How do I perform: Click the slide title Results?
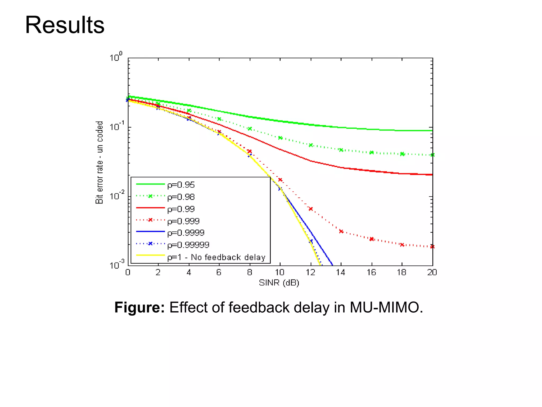point(65,25)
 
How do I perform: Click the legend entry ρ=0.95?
point(181,185)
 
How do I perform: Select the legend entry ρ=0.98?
point(181,197)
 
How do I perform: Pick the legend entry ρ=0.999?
point(183,221)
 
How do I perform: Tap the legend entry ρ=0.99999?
point(188,245)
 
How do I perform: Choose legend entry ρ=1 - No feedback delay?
point(216,257)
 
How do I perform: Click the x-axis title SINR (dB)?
point(279,283)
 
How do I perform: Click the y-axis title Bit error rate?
point(99,162)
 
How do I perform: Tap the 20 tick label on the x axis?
point(432,272)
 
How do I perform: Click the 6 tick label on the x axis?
point(219,272)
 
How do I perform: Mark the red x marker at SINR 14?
point(341,231)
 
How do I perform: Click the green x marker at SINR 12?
point(311,145)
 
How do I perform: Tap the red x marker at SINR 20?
point(432,246)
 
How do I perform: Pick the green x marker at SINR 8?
point(250,129)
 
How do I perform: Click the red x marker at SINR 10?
point(280,180)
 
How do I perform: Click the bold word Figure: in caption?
point(139,307)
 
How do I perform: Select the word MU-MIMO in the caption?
point(386,307)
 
